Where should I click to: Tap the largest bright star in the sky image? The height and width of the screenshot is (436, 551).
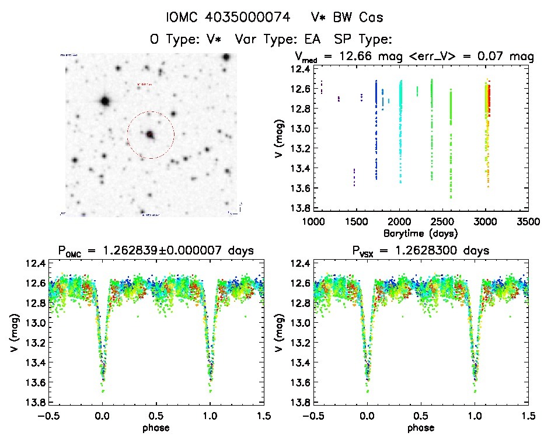click(105, 101)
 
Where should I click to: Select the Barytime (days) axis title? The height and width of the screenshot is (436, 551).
click(421, 233)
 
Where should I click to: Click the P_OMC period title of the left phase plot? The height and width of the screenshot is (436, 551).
click(154, 252)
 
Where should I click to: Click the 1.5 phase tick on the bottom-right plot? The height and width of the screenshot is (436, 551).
click(529, 416)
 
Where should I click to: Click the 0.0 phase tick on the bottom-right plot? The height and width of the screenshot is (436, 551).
click(367, 416)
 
